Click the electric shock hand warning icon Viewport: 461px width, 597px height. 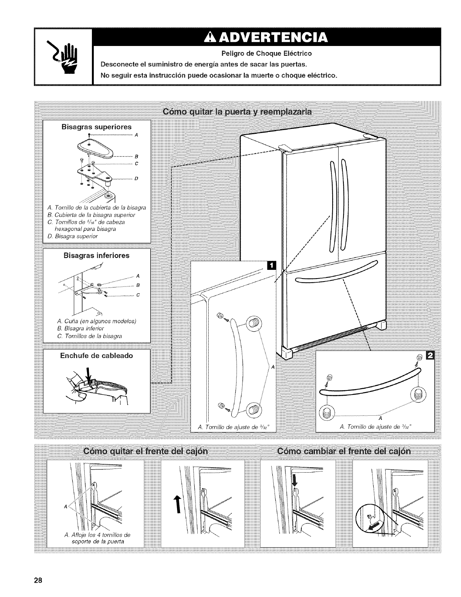(69, 56)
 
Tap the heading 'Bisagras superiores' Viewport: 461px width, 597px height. (96, 127)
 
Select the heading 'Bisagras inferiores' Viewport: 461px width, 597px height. (96, 256)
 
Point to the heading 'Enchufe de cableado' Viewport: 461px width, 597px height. (96, 355)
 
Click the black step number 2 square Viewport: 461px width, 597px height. (429, 355)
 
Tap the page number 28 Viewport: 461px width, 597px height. (37, 580)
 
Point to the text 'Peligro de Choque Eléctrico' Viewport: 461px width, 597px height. (266, 53)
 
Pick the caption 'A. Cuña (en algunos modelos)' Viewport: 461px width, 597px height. (96, 321)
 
